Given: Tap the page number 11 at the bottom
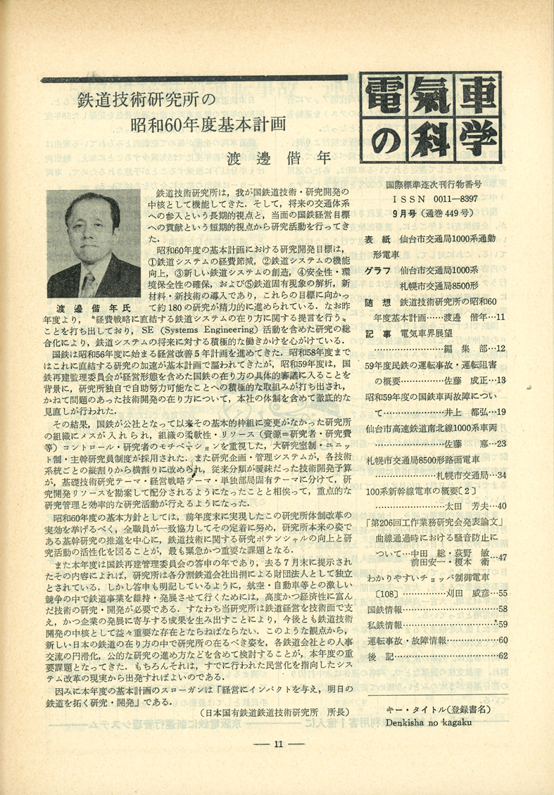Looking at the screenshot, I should point(278,745).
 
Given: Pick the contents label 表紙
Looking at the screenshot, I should point(377,238).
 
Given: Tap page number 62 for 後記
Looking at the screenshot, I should point(502,656).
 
